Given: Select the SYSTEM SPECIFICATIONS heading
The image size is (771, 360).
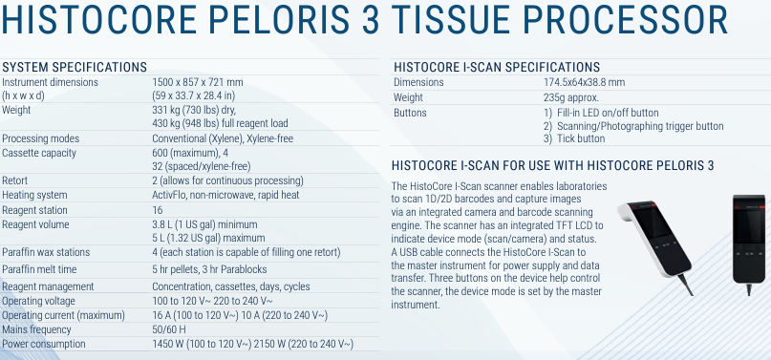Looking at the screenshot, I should click(x=75, y=67).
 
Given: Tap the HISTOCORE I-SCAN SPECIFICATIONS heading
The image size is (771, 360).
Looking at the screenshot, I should click(x=497, y=67).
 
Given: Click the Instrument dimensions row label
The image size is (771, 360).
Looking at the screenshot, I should click(x=50, y=82).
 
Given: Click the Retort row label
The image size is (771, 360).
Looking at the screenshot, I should click(x=14, y=180).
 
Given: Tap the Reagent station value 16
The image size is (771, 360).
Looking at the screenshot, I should click(x=158, y=210).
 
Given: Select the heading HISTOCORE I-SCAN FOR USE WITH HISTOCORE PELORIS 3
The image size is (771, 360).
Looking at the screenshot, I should click(x=553, y=164).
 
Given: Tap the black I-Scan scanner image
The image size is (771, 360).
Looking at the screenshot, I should click(x=748, y=239).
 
